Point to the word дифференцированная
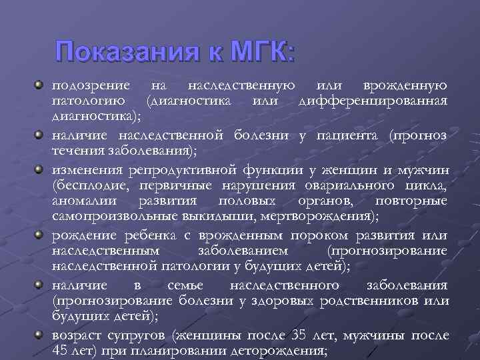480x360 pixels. coord(373,101)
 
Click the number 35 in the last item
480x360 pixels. coord(297,335)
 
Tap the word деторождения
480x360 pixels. coord(282,350)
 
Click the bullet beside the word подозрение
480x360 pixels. coord(40,85)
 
